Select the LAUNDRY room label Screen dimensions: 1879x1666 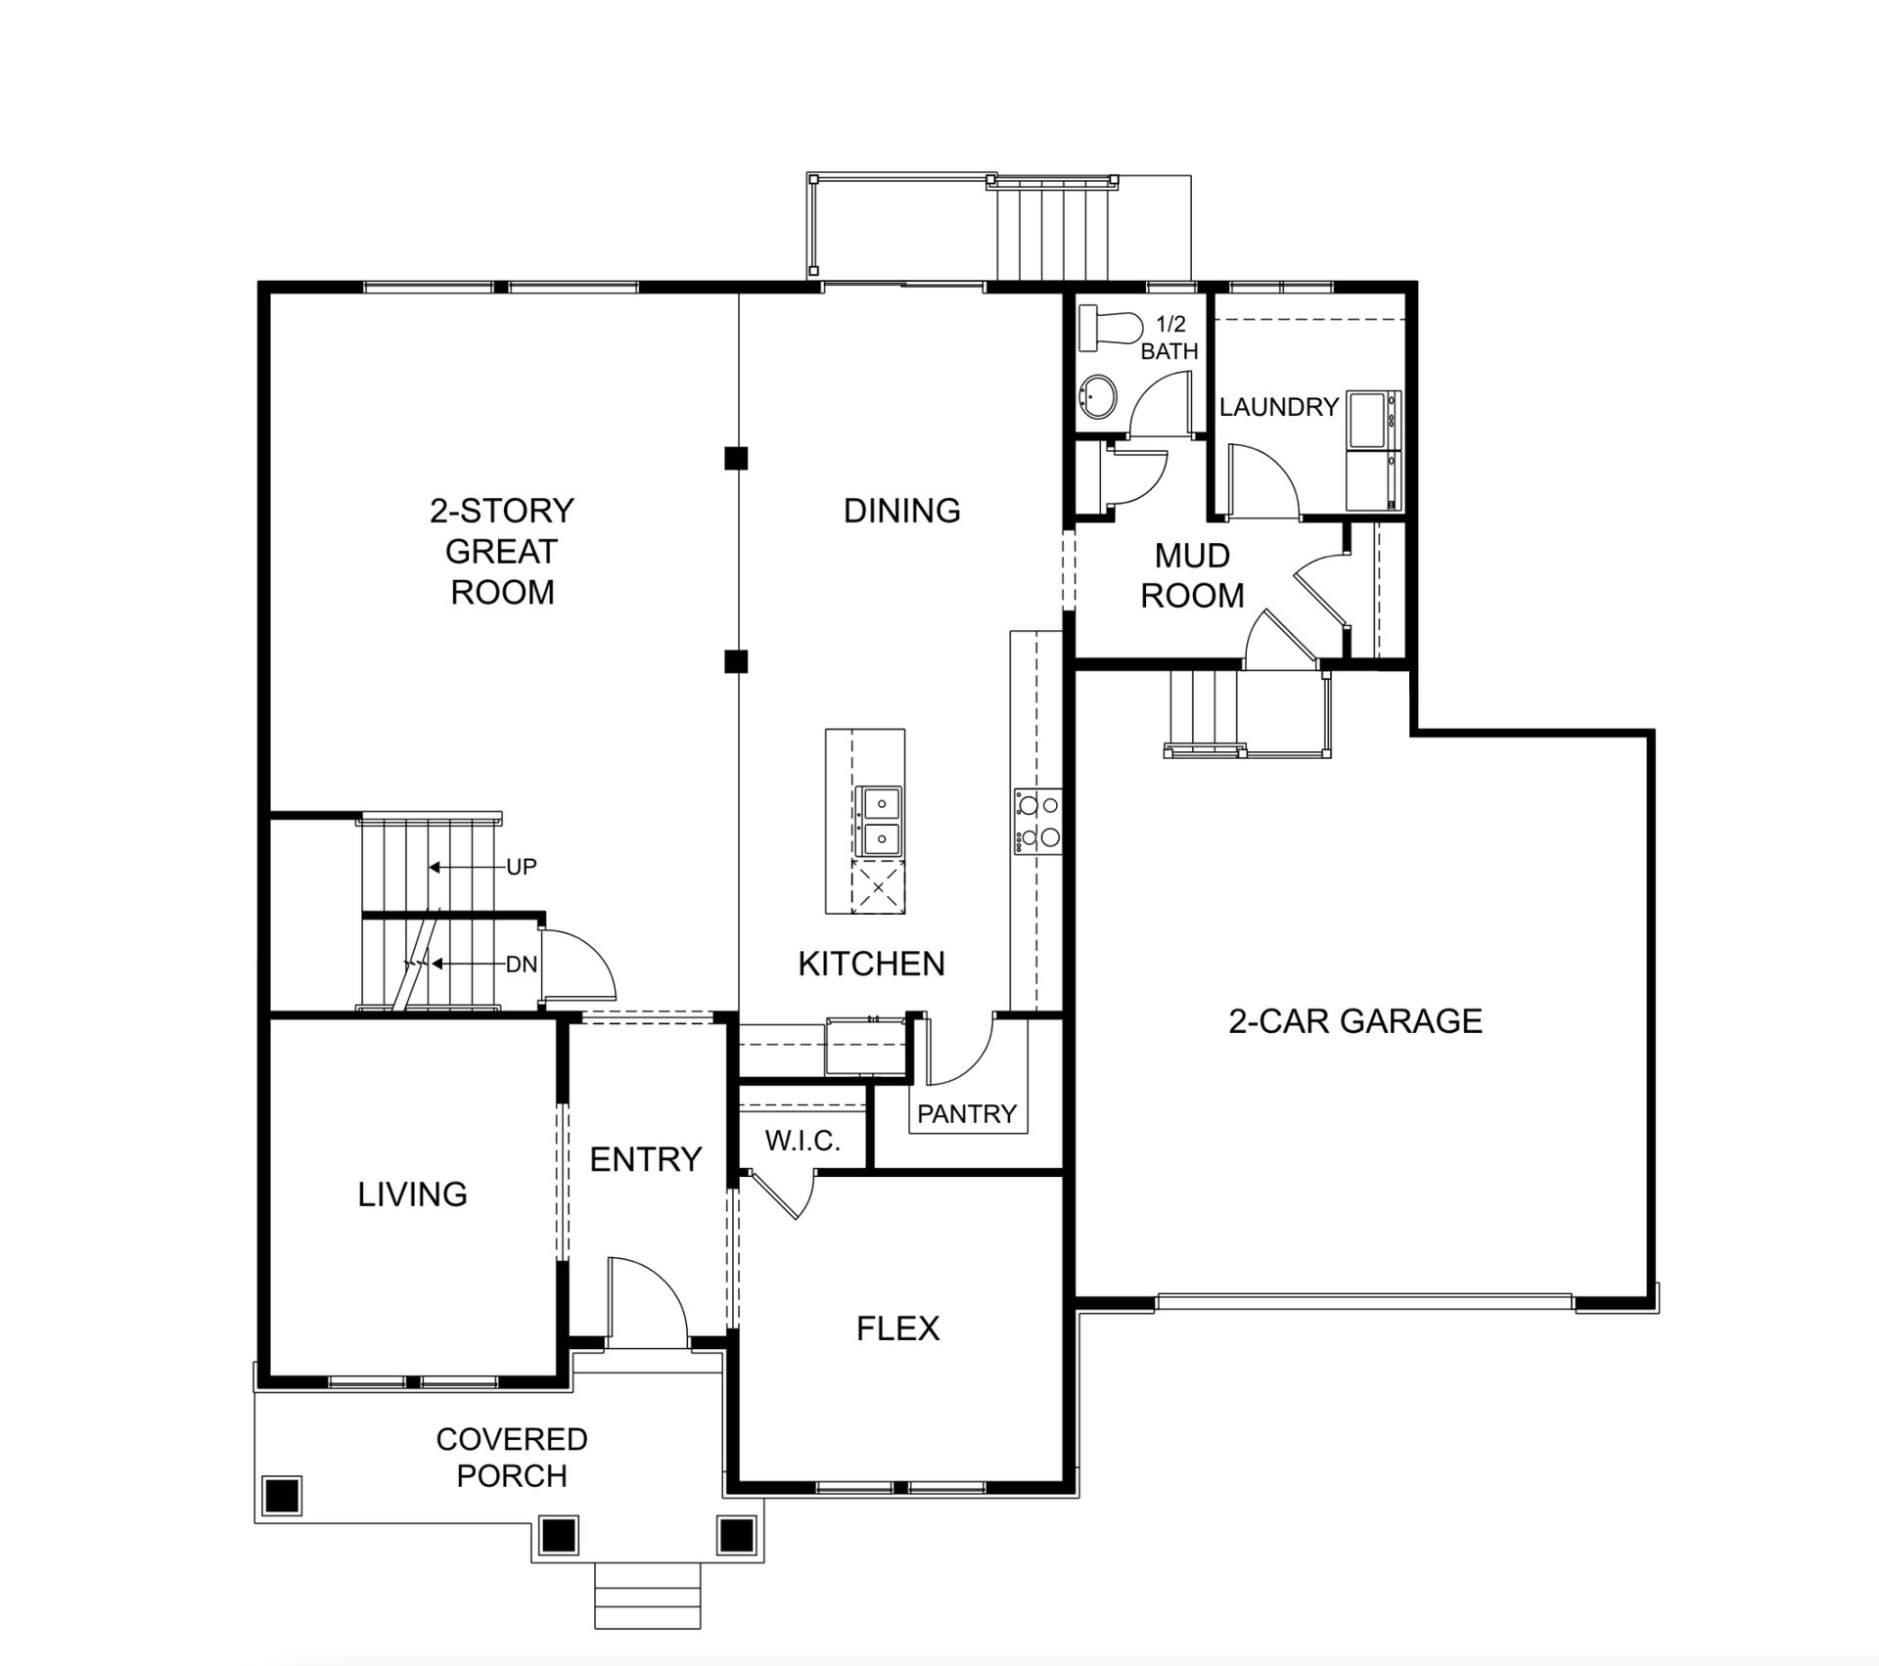coord(1278,407)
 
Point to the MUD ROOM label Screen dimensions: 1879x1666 coord(1192,575)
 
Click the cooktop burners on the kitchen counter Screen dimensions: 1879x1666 coord(1037,821)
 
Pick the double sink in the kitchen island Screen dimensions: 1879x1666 coord(879,821)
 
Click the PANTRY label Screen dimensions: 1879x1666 coord(967,1113)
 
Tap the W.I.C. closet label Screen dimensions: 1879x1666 coord(802,1141)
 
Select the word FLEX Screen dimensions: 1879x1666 coord(897,1328)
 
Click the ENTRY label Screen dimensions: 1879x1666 coord(646,1159)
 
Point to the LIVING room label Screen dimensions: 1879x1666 coord(412,1194)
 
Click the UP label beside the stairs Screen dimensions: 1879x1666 coord(521,867)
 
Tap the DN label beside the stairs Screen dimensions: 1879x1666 coord(521,965)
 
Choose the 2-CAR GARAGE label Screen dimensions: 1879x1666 coord(1355,1021)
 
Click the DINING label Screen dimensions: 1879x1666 coord(902,511)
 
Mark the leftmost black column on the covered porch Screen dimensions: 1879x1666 coord(282,1495)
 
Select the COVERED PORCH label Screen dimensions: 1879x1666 coord(512,1457)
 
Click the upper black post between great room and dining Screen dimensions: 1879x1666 coord(736,458)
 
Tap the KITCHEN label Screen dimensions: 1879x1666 coord(871,965)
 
